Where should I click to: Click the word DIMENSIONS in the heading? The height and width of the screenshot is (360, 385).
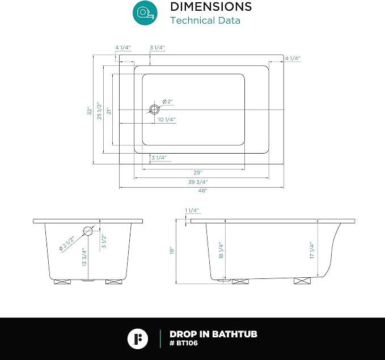(211, 7)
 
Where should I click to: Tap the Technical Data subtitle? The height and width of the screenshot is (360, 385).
(205, 20)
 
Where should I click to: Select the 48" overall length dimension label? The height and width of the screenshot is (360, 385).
(202, 190)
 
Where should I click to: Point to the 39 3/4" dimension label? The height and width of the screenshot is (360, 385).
(198, 182)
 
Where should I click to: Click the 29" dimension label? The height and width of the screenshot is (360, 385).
(198, 173)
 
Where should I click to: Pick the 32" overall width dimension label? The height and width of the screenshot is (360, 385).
(90, 111)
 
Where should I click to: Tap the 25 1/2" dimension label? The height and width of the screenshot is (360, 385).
(99, 111)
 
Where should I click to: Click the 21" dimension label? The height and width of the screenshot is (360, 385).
(109, 111)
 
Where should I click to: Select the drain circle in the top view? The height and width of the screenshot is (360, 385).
(154, 109)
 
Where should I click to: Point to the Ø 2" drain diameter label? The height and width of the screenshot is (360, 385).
(168, 101)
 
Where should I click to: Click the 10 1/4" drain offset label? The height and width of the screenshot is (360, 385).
(167, 120)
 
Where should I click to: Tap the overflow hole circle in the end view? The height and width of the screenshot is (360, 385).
(88, 231)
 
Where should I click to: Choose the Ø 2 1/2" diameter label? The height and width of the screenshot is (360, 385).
(66, 244)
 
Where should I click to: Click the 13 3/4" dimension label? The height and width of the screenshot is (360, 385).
(84, 257)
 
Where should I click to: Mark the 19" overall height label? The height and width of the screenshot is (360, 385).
(172, 250)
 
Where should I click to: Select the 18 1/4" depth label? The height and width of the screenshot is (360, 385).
(221, 250)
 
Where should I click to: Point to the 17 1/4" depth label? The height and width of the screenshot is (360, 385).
(312, 250)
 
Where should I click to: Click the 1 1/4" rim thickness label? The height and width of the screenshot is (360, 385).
(192, 210)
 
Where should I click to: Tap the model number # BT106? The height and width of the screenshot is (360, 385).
(183, 343)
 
